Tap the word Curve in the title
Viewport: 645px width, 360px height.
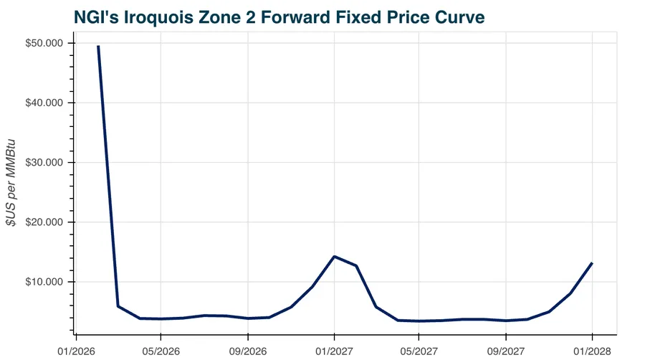point(469,16)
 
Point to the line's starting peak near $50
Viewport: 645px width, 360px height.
point(98,47)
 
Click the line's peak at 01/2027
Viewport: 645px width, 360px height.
point(334,256)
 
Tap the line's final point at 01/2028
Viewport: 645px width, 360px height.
point(592,263)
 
